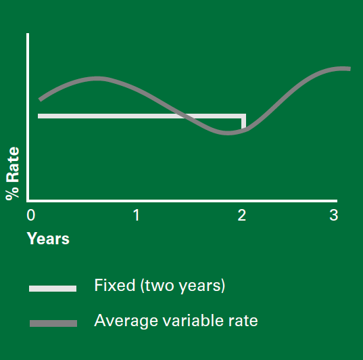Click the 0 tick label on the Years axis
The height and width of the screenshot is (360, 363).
(31, 215)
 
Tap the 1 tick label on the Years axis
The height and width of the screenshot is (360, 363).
(137, 215)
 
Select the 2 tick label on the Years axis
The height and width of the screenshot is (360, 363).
(242, 215)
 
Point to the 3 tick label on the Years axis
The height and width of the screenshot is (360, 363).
(334, 215)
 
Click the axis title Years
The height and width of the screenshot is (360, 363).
(48, 239)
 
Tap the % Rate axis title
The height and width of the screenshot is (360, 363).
(12, 173)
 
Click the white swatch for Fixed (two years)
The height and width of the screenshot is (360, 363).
(53, 288)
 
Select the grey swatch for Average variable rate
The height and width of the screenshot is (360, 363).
(53, 323)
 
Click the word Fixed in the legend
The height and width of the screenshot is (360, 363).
(115, 285)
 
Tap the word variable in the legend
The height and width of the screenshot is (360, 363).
(192, 320)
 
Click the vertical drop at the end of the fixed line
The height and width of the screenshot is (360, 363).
(243, 122)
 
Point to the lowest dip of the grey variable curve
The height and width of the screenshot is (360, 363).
(228, 133)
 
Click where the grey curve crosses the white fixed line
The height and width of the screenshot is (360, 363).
(183, 116)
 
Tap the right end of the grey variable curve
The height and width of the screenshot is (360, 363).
(350, 68)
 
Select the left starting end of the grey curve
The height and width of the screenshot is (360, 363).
(40, 99)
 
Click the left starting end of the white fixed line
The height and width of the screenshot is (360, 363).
(39, 116)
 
